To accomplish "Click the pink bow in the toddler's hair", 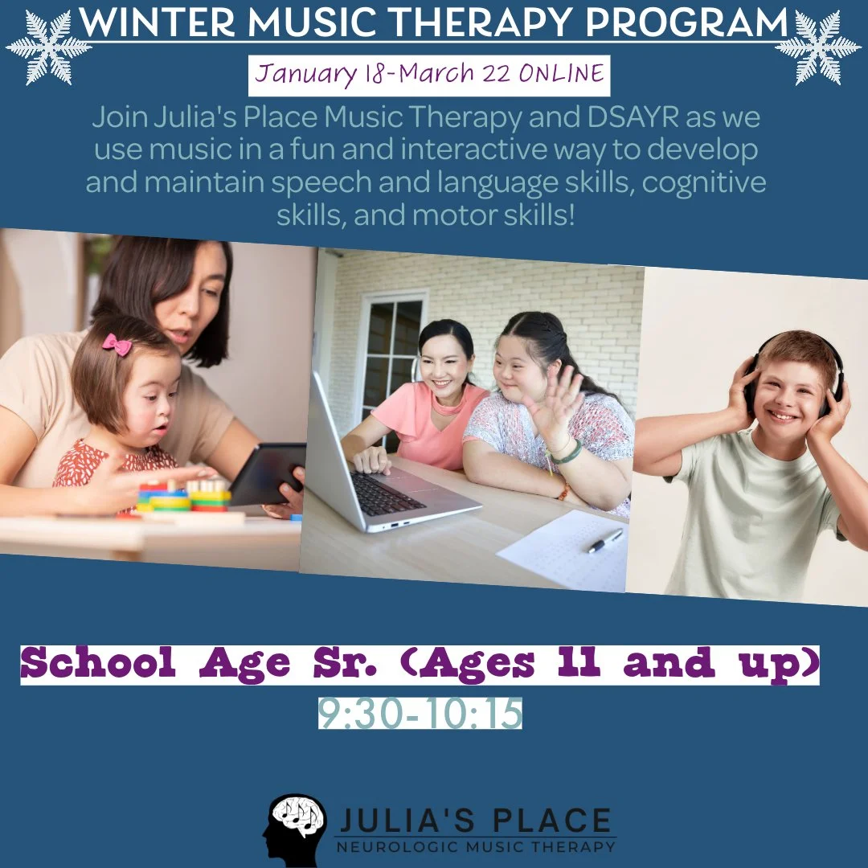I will pyautogui.click(x=117, y=344).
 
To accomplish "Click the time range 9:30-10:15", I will pyautogui.click(x=420, y=714).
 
